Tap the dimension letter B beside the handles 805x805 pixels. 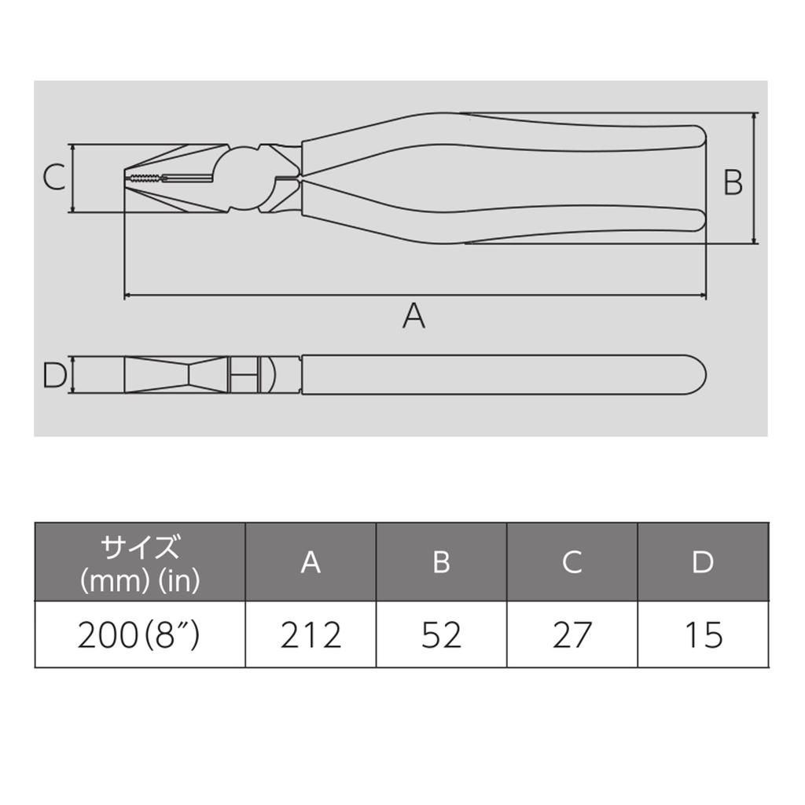pos(733,182)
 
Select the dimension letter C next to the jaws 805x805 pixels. pos(54,177)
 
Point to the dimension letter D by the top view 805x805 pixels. pos(54,375)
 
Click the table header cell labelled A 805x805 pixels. pos(311,561)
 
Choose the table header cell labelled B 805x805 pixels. pos(442,561)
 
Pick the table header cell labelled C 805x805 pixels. pos(572,561)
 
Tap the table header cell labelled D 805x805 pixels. pos(703,561)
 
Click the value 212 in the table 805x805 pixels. pos(311,635)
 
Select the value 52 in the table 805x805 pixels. pos(442,635)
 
